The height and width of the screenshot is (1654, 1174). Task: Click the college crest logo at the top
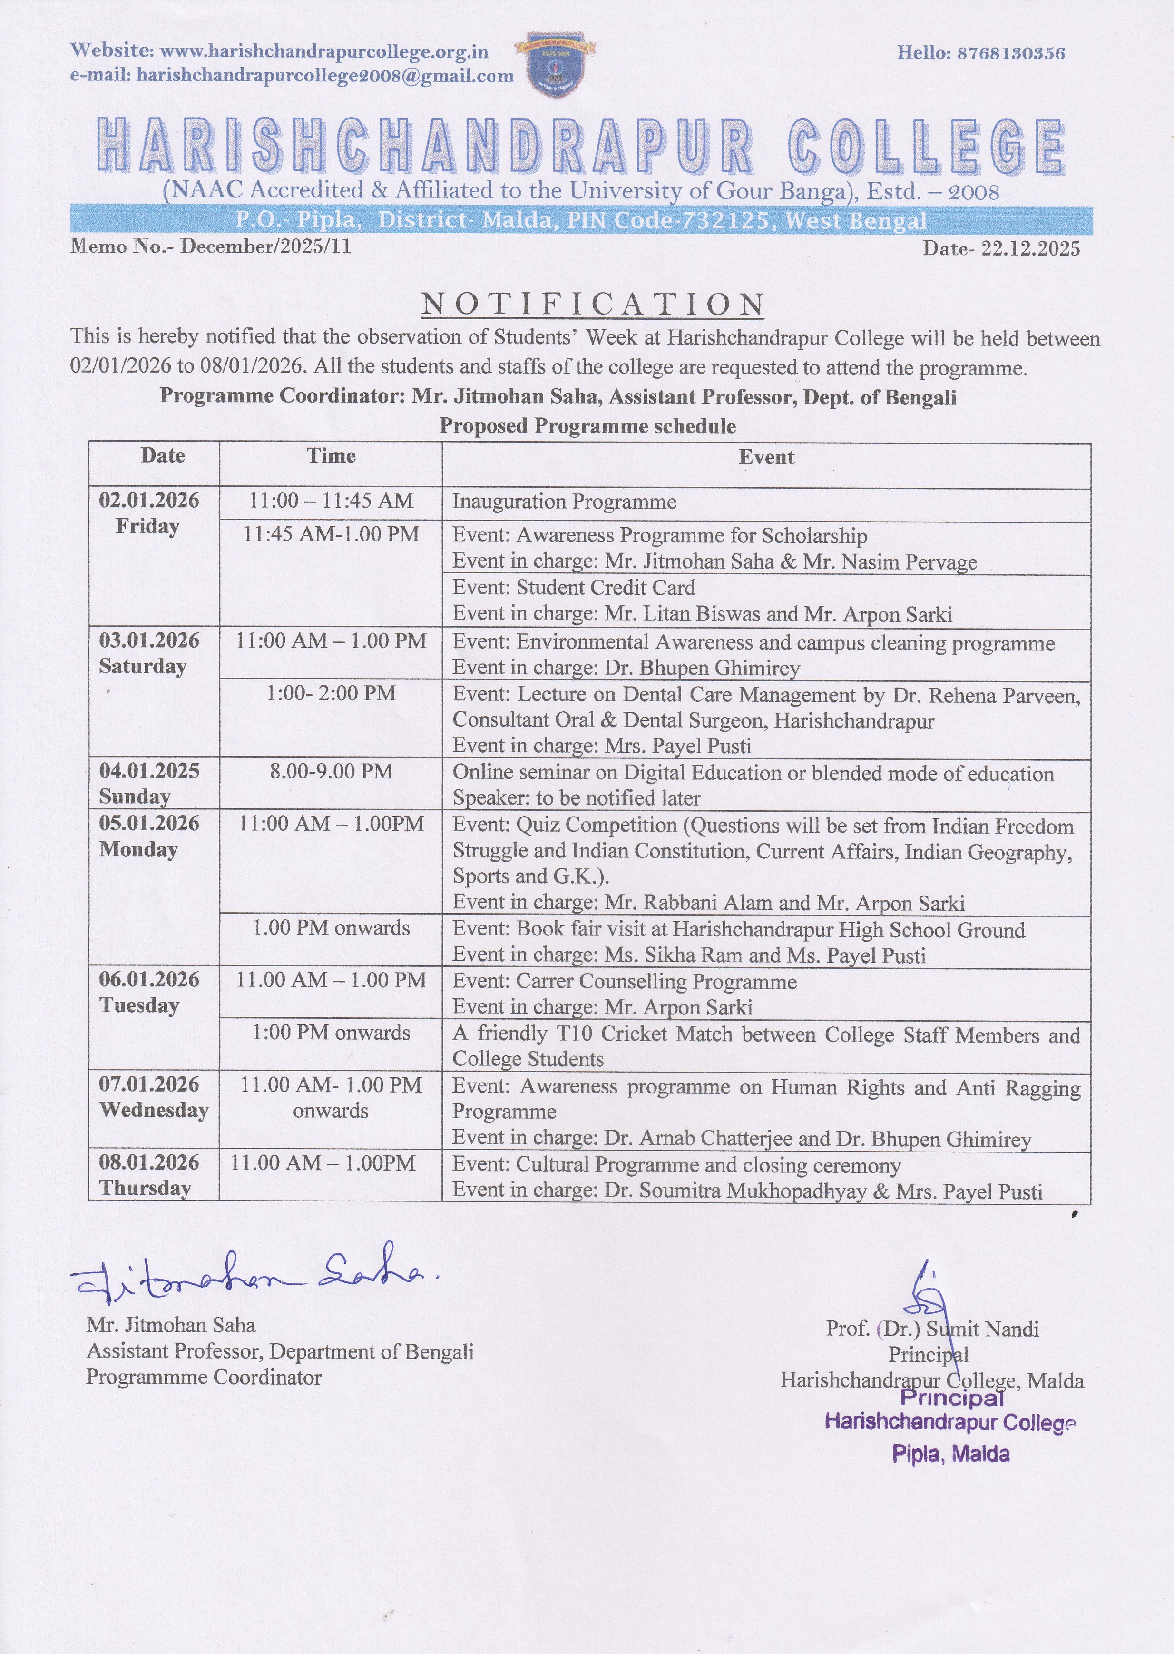tap(555, 66)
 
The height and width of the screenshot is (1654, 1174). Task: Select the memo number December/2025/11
tap(265, 246)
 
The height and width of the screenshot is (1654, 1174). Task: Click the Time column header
tap(331, 456)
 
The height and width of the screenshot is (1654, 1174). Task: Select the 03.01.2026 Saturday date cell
tap(148, 653)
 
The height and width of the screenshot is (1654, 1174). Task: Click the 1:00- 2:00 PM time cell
tap(331, 693)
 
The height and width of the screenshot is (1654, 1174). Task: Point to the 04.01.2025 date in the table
tap(149, 771)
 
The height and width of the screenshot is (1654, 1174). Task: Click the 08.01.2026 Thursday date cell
tap(149, 1175)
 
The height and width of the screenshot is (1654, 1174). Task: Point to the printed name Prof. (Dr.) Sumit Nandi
tap(932, 1329)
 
